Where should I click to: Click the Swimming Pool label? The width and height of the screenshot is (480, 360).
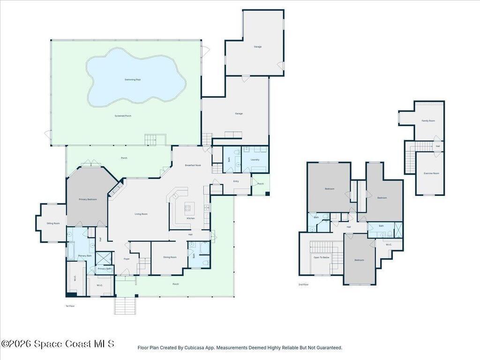[x=133, y=80]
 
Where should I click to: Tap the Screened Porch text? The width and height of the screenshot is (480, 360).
[x=123, y=116]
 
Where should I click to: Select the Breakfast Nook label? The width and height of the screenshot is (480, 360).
[x=193, y=165]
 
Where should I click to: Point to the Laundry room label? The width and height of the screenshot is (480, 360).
[x=255, y=160]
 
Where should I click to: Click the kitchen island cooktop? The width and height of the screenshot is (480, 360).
[x=190, y=206]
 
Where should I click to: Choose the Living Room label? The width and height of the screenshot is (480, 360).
[x=141, y=214]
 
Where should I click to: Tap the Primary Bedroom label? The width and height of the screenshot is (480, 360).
[x=88, y=199]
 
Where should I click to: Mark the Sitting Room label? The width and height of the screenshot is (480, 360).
[x=53, y=223]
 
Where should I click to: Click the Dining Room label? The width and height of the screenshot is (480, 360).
[x=170, y=257]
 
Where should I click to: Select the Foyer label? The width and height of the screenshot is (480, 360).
[x=127, y=259]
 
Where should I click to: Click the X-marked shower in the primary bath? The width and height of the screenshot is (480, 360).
[x=104, y=258]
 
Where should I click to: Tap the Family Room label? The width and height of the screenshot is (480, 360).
[x=428, y=120]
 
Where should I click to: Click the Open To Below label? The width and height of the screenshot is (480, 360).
[x=322, y=257]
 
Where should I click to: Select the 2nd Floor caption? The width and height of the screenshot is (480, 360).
[x=303, y=285]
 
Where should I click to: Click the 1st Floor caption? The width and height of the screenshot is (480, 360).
[x=70, y=306]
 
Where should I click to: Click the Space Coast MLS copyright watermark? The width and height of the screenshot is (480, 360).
[x=57, y=344]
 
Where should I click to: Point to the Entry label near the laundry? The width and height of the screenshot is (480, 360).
[x=236, y=181]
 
